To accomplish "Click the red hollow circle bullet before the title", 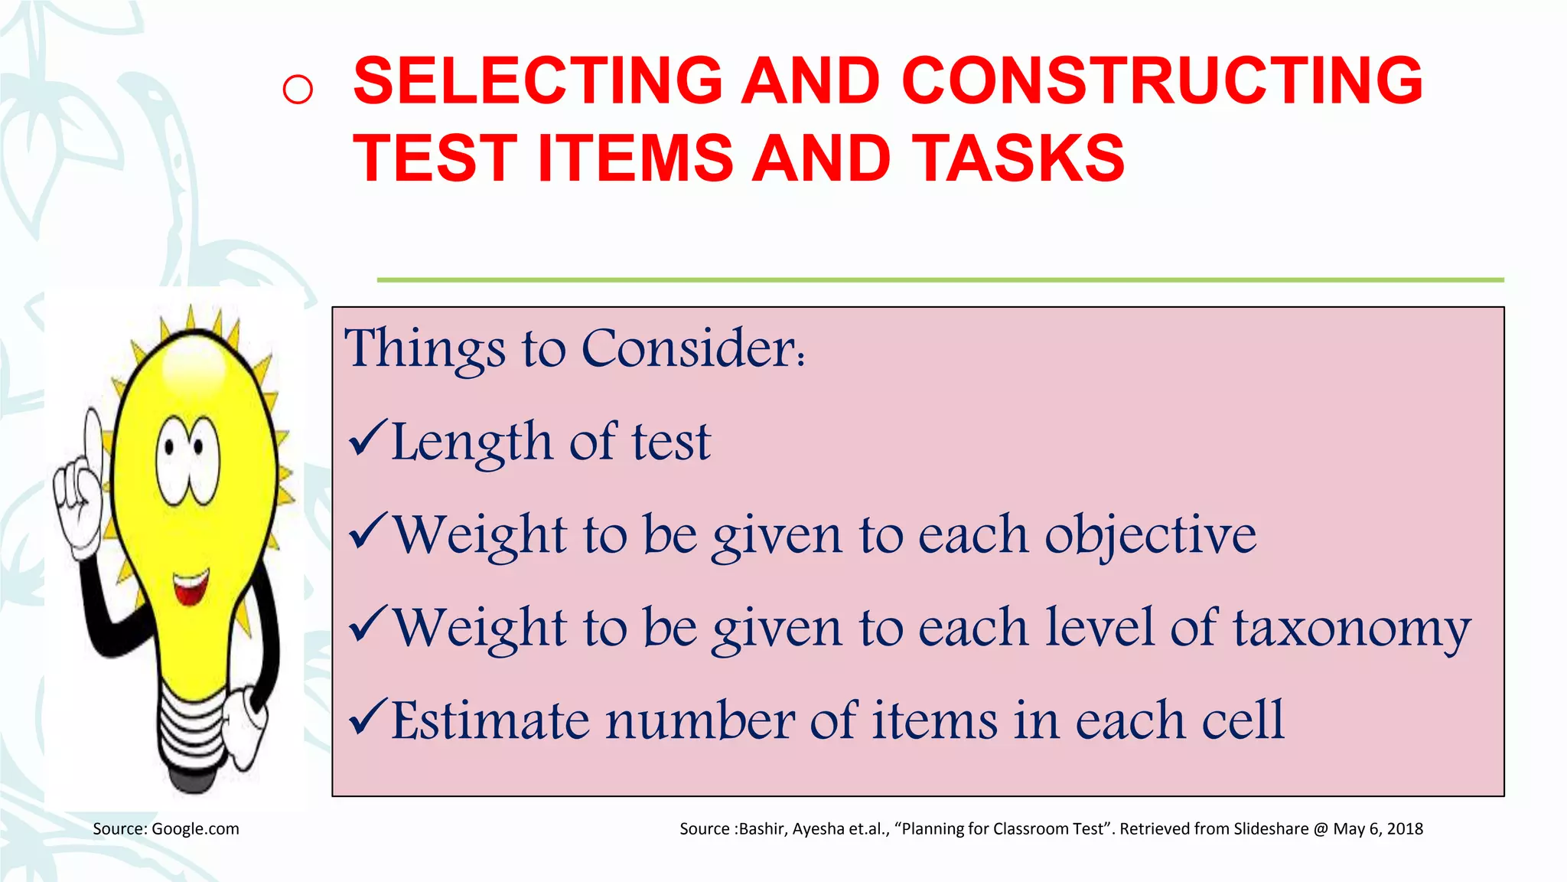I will click(x=298, y=89).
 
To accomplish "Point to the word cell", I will click(x=1243, y=720).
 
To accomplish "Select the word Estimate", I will click(x=490, y=720).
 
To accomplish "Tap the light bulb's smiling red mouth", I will click(x=191, y=589).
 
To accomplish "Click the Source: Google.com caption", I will click(x=166, y=828).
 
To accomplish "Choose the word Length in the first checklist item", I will click(x=471, y=443).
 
